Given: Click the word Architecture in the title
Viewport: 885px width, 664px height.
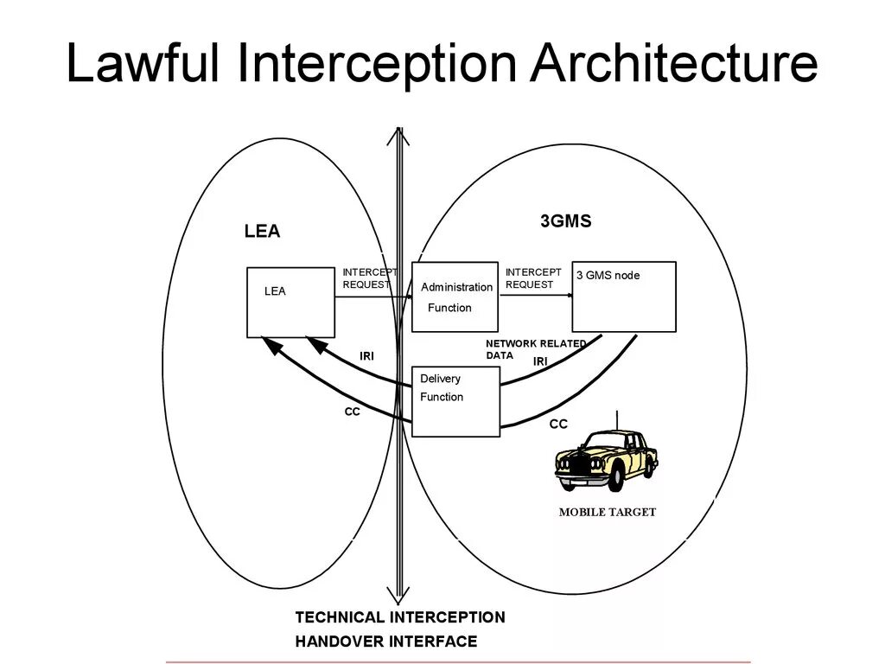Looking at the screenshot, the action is [x=674, y=64].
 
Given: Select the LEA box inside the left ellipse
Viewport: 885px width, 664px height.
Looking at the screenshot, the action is [x=290, y=302].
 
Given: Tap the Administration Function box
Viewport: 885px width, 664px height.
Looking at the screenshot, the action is [x=455, y=297].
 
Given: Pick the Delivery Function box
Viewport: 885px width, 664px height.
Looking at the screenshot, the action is [x=456, y=401].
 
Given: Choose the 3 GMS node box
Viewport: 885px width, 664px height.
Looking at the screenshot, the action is [x=624, y=297].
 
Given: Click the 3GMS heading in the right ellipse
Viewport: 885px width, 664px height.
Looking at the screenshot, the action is [x=566, y=221].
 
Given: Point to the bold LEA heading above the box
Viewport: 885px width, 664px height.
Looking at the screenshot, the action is [x=262, y=232].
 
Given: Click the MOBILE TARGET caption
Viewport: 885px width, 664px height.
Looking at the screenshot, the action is [x=608, y=512].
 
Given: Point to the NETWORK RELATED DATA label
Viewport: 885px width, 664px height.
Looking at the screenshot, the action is [x=535, y=348].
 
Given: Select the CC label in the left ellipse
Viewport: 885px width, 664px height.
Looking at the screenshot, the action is [x=352, y=412].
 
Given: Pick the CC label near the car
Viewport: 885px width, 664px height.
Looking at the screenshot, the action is [x=559, y=424].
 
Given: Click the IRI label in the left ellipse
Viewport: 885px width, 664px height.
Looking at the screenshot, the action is [x=366, y=356].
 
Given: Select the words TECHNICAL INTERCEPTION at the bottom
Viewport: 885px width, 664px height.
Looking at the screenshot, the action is [x=400, y=617].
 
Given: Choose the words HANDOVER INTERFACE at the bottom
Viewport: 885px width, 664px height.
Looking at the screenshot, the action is [x=385, y=642].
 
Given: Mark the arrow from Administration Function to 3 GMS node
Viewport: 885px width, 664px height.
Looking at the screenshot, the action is [x=536, y=296].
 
